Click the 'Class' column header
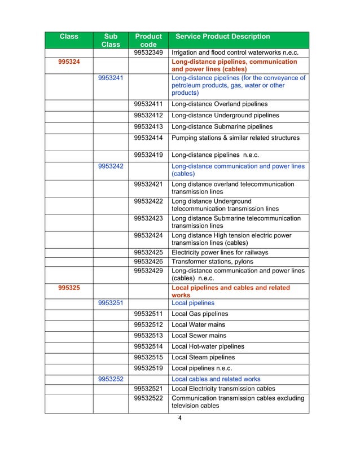[x=69, y=37]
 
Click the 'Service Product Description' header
[x=223, y=37]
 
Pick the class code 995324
[x=69, y=61]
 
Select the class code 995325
[x=69, y=288]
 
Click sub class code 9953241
[x=111, y=78]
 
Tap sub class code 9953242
[x=111, y=166]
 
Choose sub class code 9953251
[x=111, y=303]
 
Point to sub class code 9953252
[x=111, y=379]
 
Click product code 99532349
[x=149, y=53]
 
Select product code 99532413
[x=149, y=126]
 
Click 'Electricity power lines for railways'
[x=219, y=252]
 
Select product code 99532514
[x=149, y=346]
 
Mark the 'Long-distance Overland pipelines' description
[x=219, y=104]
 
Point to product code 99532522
[x=149, y=399]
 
